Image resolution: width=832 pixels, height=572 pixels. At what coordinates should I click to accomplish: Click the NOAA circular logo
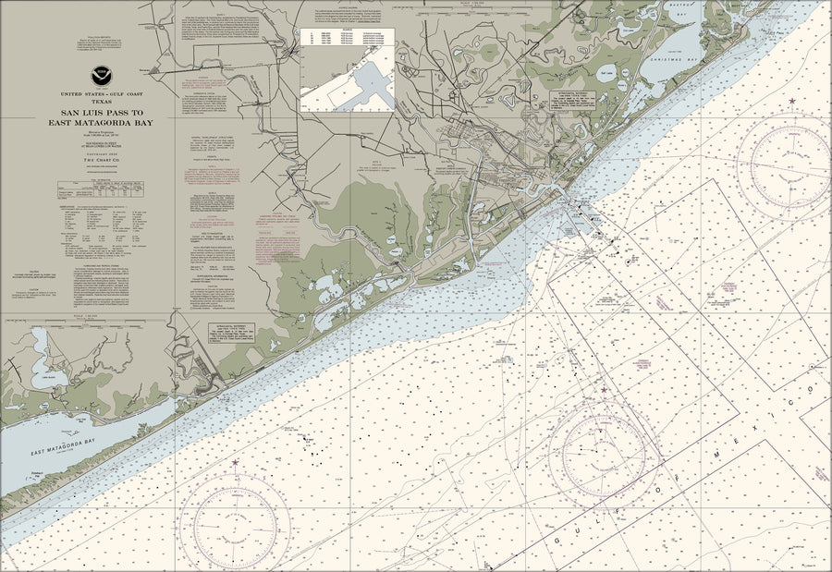coord(101,77)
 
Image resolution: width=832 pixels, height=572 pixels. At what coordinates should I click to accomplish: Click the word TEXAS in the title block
coord(101,103)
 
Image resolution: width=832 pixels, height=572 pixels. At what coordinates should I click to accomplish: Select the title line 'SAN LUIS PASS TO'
coord(102,113)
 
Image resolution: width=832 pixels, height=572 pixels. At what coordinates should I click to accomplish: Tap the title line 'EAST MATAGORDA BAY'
coord(102,122)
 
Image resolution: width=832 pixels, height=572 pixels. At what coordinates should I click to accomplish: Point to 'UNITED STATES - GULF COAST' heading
coord(102,95)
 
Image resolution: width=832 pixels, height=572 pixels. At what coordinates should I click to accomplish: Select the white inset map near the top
coord(348,70)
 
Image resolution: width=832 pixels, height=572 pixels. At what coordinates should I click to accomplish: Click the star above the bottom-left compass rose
coord(235,462)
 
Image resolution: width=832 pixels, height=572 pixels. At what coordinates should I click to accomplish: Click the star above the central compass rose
coord(605,390)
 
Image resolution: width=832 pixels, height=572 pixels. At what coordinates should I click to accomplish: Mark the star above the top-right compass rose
coord(792,100)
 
